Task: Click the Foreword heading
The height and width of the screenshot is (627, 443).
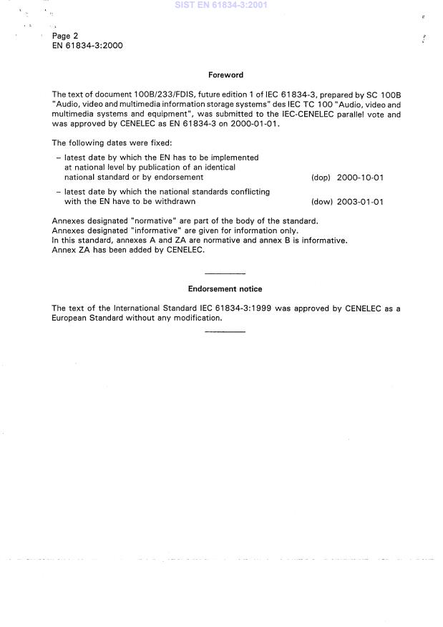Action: click(225, 74)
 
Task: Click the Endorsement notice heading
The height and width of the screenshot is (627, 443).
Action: click(225, 289)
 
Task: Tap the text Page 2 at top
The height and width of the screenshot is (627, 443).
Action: click(65, 36)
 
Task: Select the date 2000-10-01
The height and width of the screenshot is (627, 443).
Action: click(360, 178)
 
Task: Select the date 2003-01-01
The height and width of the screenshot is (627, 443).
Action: click(360, 202)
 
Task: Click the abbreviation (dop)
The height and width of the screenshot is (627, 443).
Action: click(321, 178)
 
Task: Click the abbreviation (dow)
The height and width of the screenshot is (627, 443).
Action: click(321, 202)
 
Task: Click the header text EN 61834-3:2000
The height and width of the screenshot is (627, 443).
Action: click(87, 45)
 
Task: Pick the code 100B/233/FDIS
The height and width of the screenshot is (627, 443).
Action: click(146, 94)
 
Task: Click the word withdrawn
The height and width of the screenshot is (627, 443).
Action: click(176, 202)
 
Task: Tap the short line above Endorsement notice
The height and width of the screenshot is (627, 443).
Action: click(225, 274)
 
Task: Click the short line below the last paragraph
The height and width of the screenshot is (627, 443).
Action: click(225, 331)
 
